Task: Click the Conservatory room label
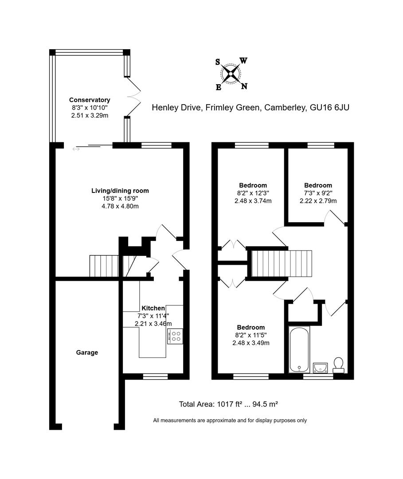[90, 100]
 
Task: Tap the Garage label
[87, 353]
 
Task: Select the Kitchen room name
[153, 308]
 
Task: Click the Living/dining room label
[120, 191]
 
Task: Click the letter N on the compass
[244, 86]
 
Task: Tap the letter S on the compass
[218, 62]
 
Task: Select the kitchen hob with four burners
[175, 336]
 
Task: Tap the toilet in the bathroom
[339, 365]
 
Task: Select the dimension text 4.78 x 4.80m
[120, 206]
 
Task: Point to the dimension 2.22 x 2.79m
[318, 201]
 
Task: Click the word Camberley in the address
[284, 107]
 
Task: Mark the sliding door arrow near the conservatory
[76, 149]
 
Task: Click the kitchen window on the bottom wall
[155, 377]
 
